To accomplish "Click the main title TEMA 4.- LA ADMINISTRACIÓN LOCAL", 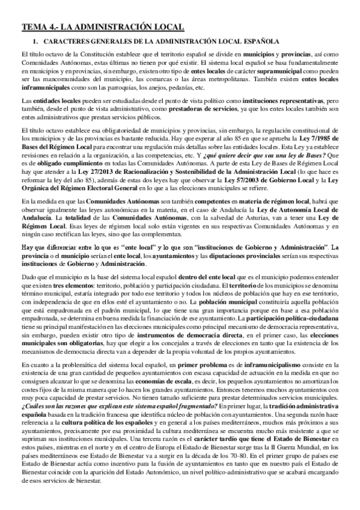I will tap(102, 27).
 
